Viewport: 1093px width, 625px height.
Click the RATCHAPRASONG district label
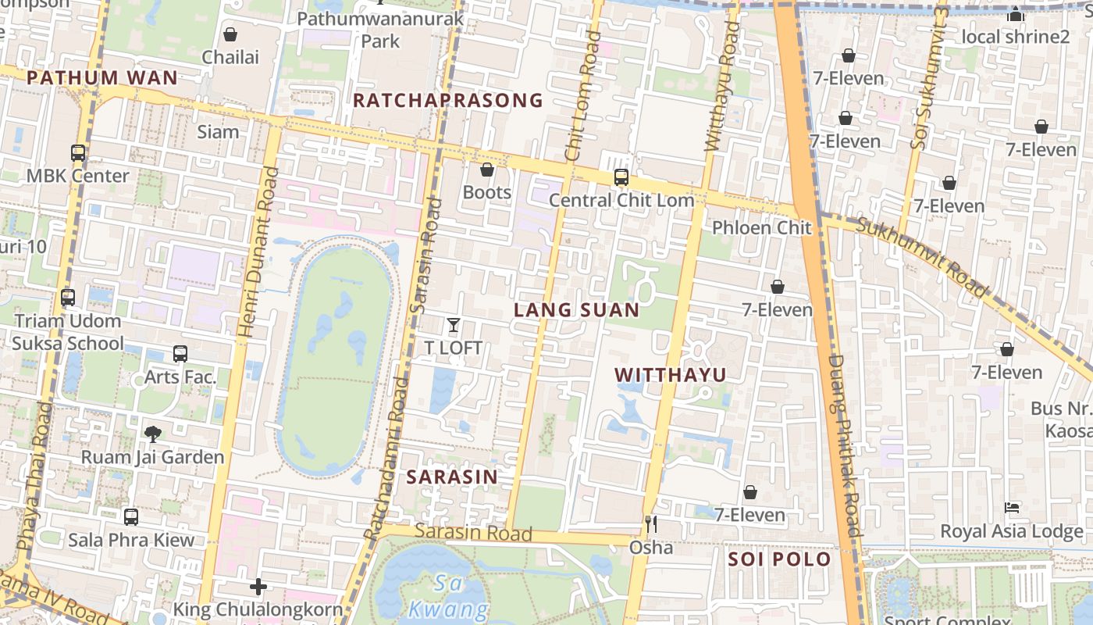click(447, 100)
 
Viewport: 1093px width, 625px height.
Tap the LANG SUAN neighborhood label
click(576, 310)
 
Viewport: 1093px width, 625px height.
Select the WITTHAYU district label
click(670, 375)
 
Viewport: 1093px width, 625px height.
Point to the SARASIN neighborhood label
click(452, 477)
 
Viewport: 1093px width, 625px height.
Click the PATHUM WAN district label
click(102, 77)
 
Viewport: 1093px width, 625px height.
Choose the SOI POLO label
click(779, 559)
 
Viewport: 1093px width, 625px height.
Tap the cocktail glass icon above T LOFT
click(454, 325)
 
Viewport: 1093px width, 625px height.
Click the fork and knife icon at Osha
click(651, 523)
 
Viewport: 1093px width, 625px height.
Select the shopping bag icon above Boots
click(487, 170)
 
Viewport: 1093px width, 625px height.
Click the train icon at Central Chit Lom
click(621, 177)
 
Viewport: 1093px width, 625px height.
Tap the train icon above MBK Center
click(78, 153)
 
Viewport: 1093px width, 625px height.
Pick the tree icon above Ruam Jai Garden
click(153, 434)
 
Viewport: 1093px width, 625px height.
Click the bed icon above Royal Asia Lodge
click(1012, 508)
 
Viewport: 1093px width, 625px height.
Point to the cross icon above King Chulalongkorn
click(258, 586)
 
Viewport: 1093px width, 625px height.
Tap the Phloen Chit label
click(761, 228)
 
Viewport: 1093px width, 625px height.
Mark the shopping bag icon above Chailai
click(230, 34)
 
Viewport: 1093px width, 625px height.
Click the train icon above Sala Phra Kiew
click(131, 516)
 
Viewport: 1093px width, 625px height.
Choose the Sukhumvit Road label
click(921, 258)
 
